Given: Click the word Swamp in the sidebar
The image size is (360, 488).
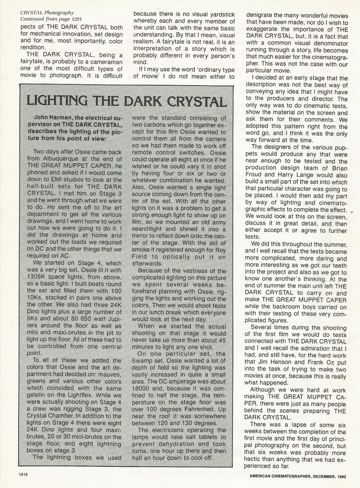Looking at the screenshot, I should (x=143, y=361).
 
